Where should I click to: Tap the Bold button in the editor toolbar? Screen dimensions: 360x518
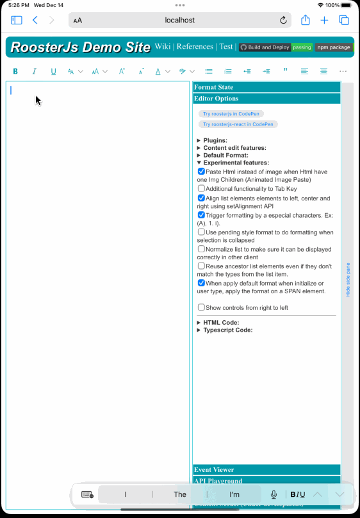coord(15,71)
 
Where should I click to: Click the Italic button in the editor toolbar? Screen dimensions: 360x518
coord(35,71)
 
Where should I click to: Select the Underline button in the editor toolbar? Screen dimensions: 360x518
coord(53,71)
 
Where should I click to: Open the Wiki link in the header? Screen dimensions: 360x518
coord(163,47)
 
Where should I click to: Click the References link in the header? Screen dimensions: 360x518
coord(195,47)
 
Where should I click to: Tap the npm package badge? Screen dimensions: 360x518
coord(333,47)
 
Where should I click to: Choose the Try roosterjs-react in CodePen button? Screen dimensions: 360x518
coord(238,124)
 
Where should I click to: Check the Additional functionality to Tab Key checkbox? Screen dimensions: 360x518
coord(202,188)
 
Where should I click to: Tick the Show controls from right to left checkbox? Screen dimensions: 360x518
coord(202,307)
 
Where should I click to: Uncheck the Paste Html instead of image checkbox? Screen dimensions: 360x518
coord(202,172)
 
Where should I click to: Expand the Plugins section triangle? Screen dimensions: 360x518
coord(199,140)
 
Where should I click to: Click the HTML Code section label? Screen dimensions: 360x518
coord(221,323)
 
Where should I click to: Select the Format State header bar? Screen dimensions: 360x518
coord(266,87)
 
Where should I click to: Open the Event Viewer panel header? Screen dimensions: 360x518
coord(266,470)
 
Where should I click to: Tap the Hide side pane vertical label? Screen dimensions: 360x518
coord(348,279)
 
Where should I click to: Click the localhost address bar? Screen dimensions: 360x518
coord(179,20)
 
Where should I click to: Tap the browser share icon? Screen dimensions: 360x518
coord(306,20)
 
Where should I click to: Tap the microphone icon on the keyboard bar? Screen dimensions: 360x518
coord(274,494)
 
